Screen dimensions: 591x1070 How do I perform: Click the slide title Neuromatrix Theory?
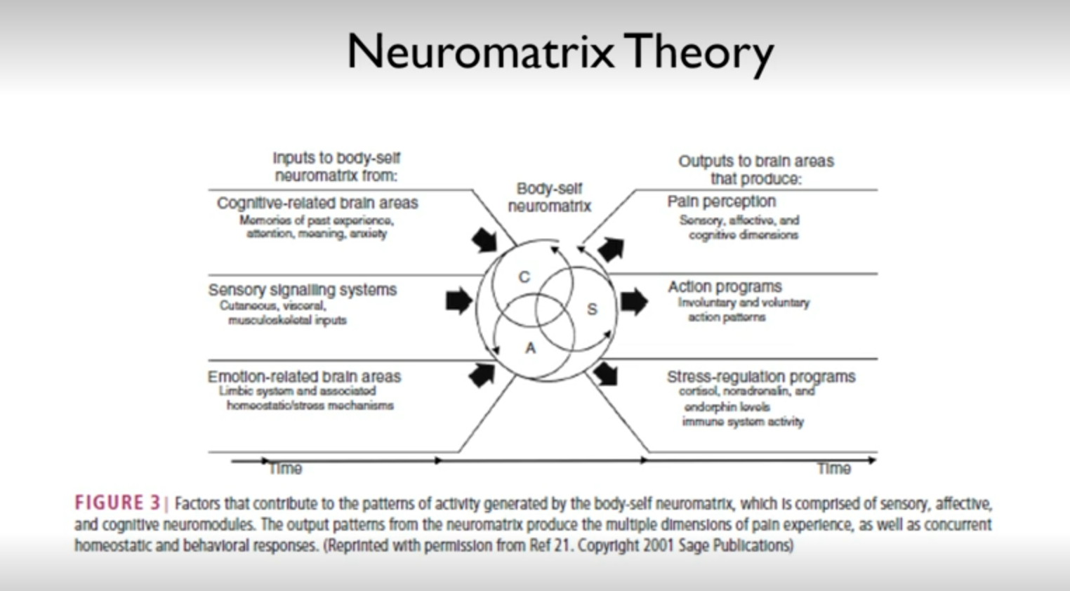pyautogui.click(x=560, y=51)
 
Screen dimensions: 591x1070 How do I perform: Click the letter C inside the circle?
pyautogui.click(x=524, y=277)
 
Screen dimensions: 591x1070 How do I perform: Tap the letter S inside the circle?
pyautogui.click(x=592, y=309)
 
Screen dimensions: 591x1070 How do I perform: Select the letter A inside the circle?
pyautogui.click(x=530, y=347)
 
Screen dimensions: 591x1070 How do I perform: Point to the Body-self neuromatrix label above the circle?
pyautogui.click(x=549, y=197)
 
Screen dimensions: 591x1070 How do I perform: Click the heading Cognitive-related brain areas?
pyautogui.click(x=317, y=203)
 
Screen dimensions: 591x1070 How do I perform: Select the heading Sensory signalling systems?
pyautogui.click(x=302, y=289)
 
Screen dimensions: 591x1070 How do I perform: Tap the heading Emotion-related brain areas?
pyautogui.click(x=304, y=376)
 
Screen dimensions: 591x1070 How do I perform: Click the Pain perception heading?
pyautogui.click(x=721, y=201)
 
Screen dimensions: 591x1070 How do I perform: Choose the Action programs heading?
pyautogui.click(x=725, y=286)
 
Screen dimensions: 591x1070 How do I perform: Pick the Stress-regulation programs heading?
pyautogui.click(x=761, y=376)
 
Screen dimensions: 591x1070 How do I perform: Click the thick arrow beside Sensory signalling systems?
pyautogui.click(x=459, y=301)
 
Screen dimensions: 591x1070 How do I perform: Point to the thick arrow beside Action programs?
pyautogui.click(x=633, y=301)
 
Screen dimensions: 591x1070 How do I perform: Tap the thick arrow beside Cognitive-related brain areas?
pyautogui.click(x=484, y=240)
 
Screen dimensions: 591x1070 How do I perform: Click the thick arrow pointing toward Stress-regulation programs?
pyautogui.click(x=605, y=373)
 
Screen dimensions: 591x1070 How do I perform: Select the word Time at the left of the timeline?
pyautogui.click(x=286, y=468)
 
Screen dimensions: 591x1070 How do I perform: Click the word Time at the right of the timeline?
pyautogui.click(x=833, y=468)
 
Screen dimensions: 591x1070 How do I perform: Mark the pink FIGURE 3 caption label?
pyautogui.click(x=117, y=503)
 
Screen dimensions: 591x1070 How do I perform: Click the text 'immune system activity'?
pyautogui.click(x=743, y=421)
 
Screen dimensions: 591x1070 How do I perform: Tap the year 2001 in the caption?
pyautogui.click(x=660, y=545)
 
